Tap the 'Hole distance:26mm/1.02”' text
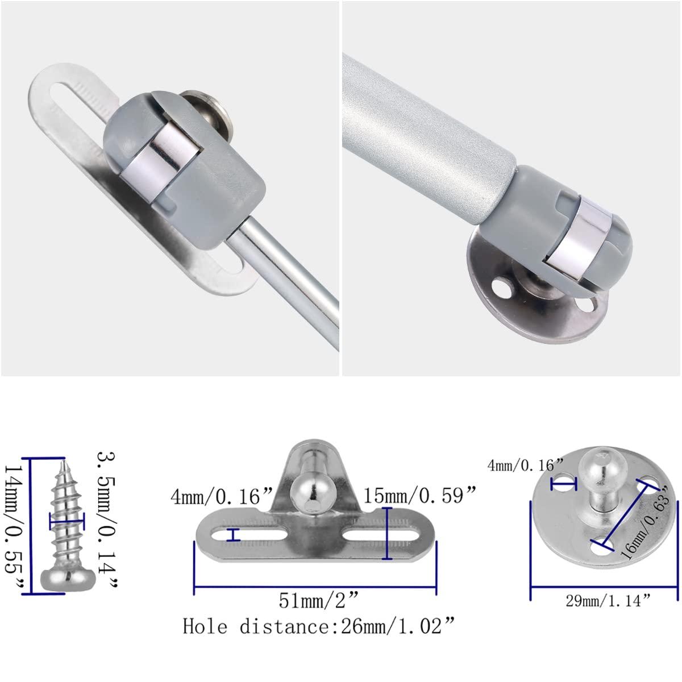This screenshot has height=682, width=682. (x=319, y=626)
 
